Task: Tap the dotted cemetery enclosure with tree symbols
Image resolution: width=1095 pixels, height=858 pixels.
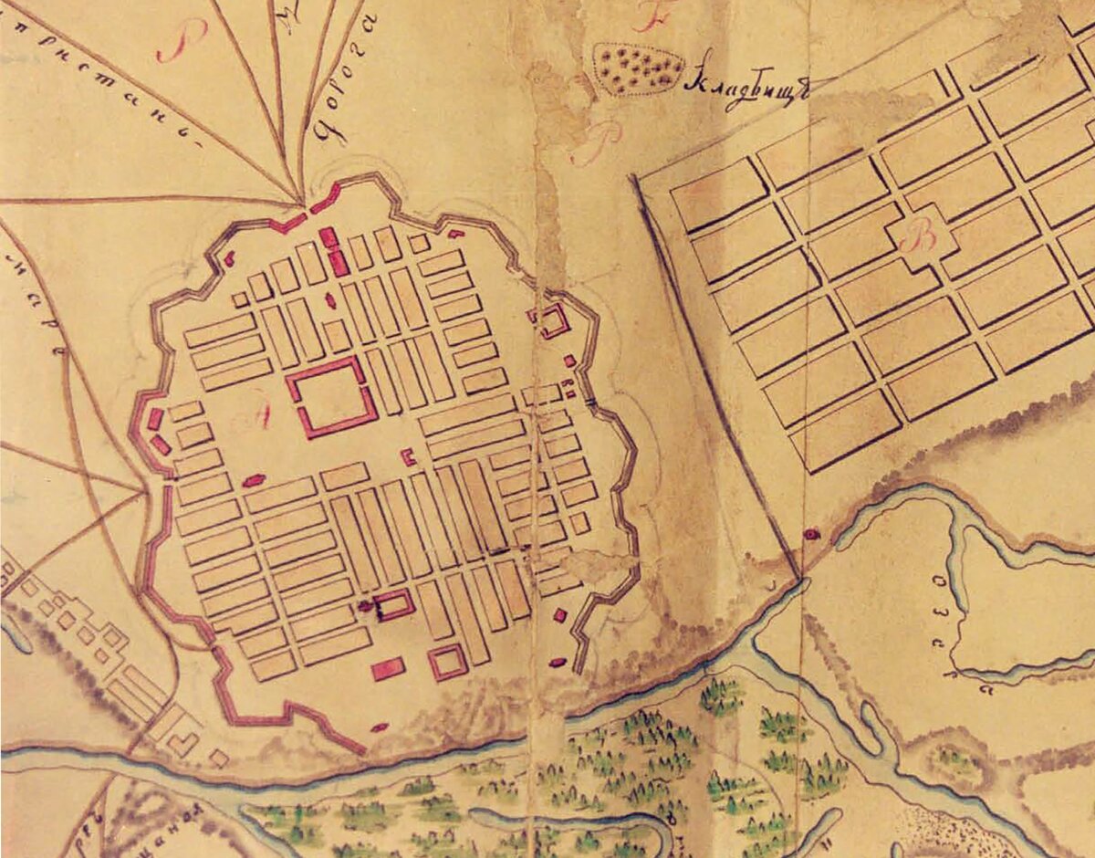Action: (639, 69)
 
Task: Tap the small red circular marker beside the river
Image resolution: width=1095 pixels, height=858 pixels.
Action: (808, 533)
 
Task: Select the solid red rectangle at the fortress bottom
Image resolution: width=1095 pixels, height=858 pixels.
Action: (388, 669)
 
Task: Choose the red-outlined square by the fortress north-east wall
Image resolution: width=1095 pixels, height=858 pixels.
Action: (552, 320)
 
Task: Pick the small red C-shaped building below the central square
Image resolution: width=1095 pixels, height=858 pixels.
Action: (409, 457)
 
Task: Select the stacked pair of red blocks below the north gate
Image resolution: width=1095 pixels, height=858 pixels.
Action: (333, 251)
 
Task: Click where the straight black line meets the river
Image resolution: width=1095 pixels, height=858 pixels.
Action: (802, 578)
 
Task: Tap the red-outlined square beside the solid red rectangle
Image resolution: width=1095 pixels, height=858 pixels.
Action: (447, 662)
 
